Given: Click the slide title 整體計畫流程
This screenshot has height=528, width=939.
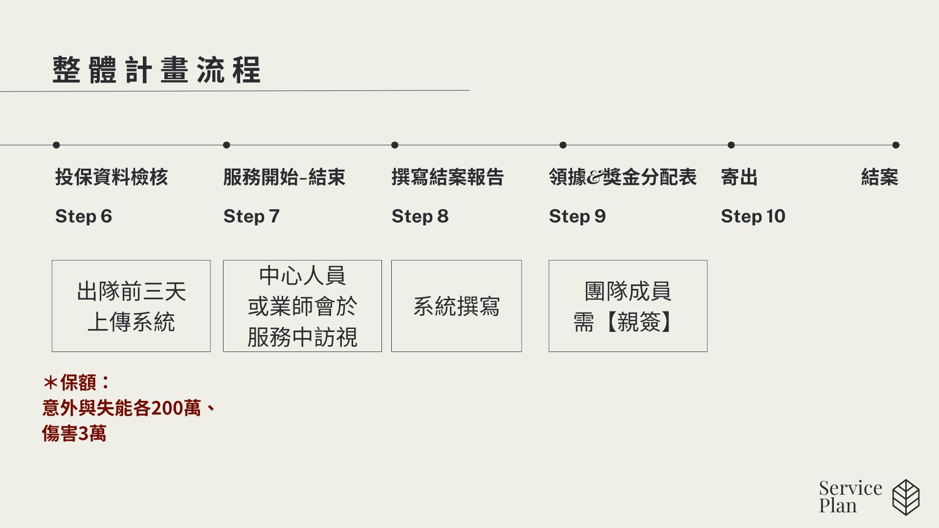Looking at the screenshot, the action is (x=156, y=70).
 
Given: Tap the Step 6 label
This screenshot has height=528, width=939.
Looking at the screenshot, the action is (x=84, y=216).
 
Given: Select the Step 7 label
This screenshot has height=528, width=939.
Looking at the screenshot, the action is (x=251, y=216).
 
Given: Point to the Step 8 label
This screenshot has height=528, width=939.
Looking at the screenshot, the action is (x=420, y=216).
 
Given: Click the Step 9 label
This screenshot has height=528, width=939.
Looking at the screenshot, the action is (x=578, y=216).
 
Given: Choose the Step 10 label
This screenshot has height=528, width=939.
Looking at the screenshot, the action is (x=753, y=216).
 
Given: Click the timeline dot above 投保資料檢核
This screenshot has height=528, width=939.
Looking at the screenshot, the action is (x=56, y=145).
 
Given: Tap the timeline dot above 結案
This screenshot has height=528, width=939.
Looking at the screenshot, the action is (x=896, y=145).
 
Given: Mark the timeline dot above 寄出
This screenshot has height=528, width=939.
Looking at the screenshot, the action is (x=731, y=145).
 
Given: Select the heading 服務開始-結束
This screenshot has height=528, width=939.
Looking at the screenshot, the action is (x=284, y=177).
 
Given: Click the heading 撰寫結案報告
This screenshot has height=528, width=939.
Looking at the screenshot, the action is (x=447, y=177).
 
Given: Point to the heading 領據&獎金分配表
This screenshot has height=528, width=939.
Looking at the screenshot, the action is (x=623, y=177).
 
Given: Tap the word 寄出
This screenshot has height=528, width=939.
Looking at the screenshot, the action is (x=739, y=177).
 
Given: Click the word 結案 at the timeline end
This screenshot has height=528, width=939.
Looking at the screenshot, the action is (x=880, y=177).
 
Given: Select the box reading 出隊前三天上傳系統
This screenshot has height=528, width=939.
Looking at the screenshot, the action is (x=131, y=306).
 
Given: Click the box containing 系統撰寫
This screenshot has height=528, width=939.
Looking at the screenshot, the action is (x=456, y=306).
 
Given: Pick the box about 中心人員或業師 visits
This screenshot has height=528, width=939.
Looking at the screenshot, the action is (x=302, y=306).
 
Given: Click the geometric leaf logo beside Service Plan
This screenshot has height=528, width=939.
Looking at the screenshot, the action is (x=906, y=497).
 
